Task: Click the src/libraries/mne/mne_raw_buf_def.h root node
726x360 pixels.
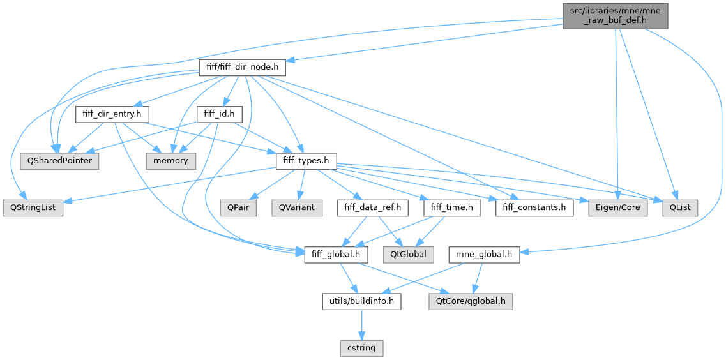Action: [x=615, y=14]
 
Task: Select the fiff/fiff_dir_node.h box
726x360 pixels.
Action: [x=242, y=67]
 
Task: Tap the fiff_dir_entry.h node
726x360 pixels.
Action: [x=112, y=114]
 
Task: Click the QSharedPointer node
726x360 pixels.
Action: [x=59, y=161]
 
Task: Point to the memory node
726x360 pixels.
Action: [x=171, y=161]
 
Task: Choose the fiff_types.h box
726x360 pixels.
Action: [x=306, y=161]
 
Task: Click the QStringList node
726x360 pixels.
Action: [x=33, y=208]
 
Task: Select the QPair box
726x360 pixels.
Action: [x=238, y=208]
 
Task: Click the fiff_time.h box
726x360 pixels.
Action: [x=451, y=208]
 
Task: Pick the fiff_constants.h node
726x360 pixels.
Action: [x=534, y=208]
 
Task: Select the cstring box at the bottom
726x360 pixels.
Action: [x=361, y=349]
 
